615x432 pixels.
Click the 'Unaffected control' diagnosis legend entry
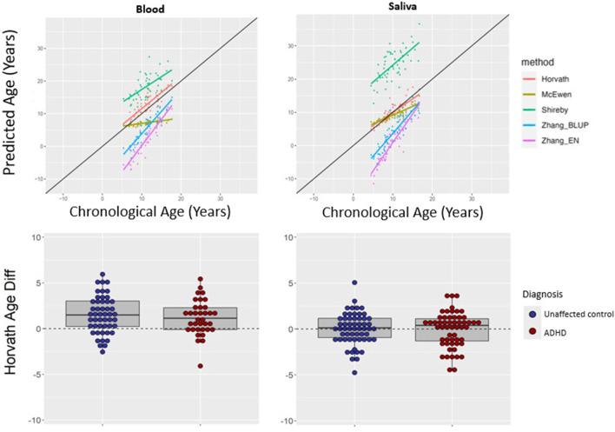(x=566, y=313)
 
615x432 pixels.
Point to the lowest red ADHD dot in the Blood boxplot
(x=201, y=366)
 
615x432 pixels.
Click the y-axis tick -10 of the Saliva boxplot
(x=282, y=396)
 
